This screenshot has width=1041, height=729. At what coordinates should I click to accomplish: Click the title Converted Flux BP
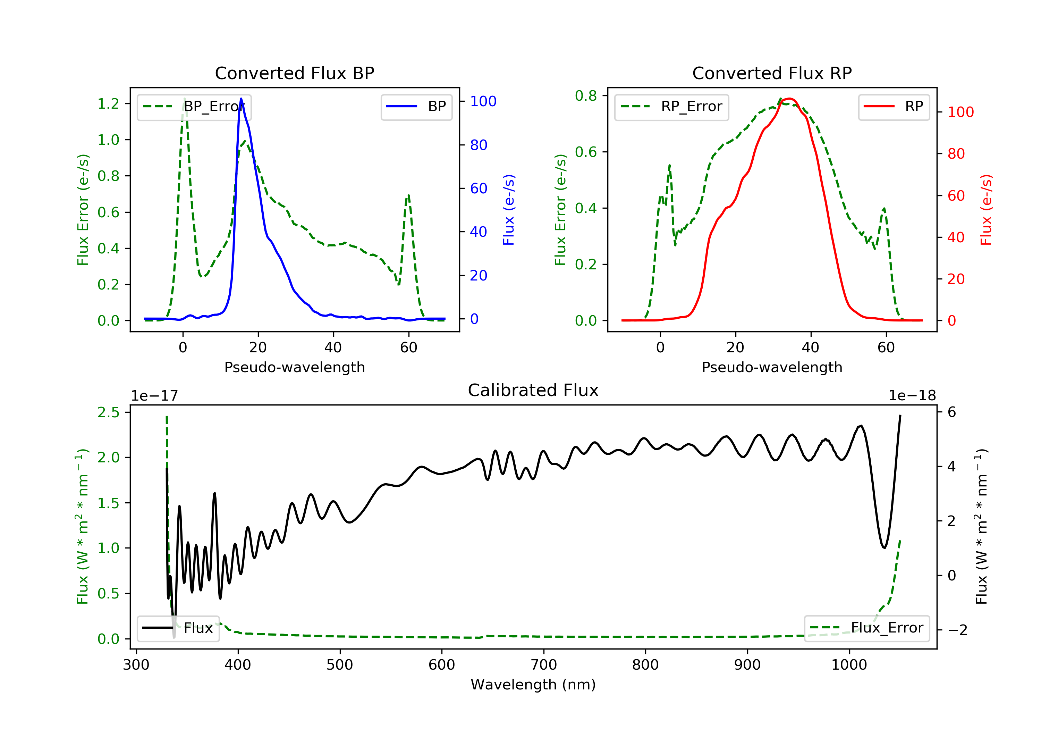click(x=294, y=73)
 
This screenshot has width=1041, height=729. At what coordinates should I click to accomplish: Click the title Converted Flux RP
click(x=772, y=73)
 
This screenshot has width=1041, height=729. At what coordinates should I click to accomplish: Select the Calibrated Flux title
click(x=533, y=390)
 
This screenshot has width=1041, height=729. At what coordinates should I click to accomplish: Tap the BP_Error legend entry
click(x=194, y=107)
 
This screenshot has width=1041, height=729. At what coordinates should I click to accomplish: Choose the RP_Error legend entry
click(x=671, y=107)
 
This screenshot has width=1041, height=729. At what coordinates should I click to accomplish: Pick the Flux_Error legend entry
click(x=866, y=628)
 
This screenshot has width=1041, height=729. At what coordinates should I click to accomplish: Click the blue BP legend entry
click(x=416, y=107)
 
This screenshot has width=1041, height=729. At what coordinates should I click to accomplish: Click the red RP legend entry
click(x=894, y=107)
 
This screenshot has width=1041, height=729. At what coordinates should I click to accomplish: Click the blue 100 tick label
click(x=483, y=101)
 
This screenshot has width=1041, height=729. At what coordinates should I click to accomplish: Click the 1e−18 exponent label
click(x=912, y=396)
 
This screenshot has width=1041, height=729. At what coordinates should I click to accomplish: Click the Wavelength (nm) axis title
click(x=533, y=684)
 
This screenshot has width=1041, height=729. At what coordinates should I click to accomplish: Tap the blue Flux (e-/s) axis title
click(x=509, y=210)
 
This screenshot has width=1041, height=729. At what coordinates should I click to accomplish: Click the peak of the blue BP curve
click(x=241, y=99)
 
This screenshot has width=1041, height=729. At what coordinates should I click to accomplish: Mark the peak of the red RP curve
click(x=789, y=99)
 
